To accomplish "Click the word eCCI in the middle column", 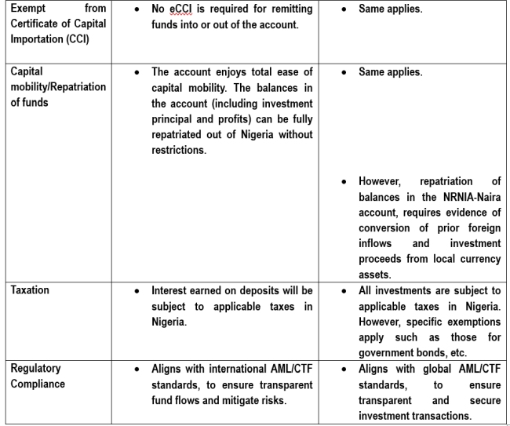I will click(x=181, y=9).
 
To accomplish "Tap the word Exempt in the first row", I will click(x=27, y=9).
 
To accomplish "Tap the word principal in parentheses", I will click(x=177, y=118).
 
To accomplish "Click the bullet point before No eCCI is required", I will click(x=137, y=9).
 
